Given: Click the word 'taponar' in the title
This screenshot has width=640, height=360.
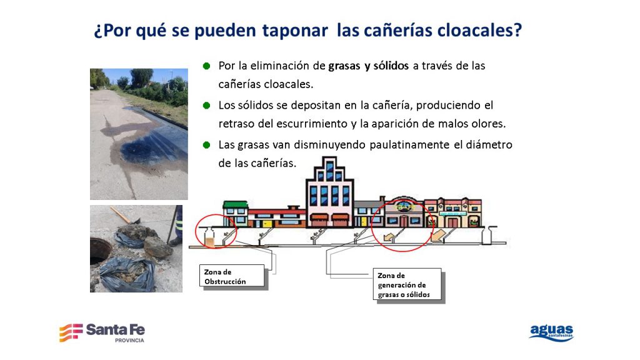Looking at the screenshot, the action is coord(295,31).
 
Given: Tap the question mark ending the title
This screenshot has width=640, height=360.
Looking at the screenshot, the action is coord(517,29).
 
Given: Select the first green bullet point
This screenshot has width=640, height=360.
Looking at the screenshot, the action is coord(206,66).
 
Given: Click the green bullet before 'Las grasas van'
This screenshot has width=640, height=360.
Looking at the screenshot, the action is coord(206,145).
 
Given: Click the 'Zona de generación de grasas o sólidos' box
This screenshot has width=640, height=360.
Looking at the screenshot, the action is coord(407,284).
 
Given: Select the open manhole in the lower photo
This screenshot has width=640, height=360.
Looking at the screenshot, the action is coord(99,251).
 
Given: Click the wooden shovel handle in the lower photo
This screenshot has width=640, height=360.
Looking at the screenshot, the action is coord(121,215).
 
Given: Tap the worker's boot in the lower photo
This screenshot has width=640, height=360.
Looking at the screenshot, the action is coord(176,242).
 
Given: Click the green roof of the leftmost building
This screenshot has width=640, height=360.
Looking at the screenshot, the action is coord(236,204).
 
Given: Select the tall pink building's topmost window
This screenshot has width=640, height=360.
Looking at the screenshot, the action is coord(329,164).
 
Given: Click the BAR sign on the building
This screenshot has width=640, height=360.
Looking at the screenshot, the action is coord(405,207).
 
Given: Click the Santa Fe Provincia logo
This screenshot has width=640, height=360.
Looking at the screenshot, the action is coord(102,332).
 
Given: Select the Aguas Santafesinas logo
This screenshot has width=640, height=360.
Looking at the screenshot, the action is coord(551,332).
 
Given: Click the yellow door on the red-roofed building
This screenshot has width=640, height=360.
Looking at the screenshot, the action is coord(267,224).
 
